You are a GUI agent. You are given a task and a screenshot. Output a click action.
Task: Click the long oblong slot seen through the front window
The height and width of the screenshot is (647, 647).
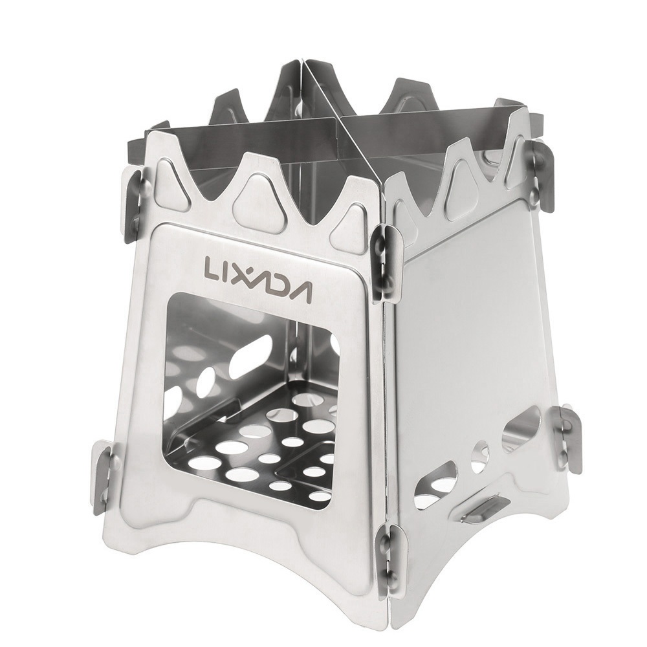(x=248, y=353)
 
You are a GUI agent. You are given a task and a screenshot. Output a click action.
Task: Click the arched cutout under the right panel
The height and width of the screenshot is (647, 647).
(x=479, y=550)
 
